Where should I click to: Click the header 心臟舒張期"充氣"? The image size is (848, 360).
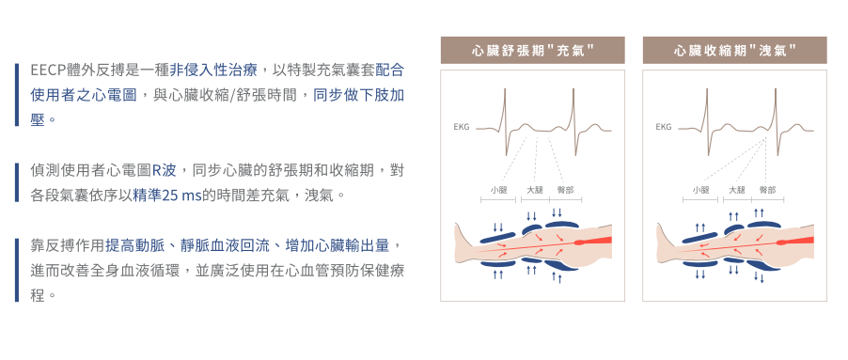(x=533, y=51)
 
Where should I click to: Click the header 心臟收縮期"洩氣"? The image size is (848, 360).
(x=734, y=51)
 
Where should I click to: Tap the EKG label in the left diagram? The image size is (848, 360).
(x=462, y=128)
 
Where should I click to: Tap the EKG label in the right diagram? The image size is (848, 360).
(x=663, y=128)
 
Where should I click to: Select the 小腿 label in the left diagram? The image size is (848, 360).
(x=498, y=190)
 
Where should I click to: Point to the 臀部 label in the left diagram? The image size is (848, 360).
(x=565, y=190)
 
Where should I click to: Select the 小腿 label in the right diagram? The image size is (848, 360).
(x=700, y=190)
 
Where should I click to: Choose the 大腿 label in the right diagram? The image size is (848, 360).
(x=736, y=190)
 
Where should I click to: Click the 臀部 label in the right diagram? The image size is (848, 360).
(x=767, y=190)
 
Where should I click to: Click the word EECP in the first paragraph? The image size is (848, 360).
(x=48, y=70)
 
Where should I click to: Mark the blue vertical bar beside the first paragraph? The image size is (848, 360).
(x=17, y=95)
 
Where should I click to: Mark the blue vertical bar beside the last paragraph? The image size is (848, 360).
(x=17, y=270)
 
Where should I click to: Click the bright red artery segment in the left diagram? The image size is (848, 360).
(x=594, y=241)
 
